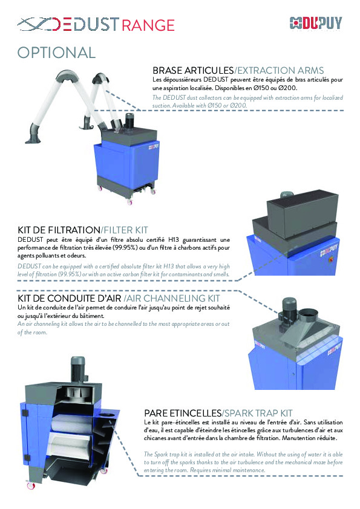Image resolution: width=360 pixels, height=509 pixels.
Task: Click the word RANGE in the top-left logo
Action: [x=148, y=24]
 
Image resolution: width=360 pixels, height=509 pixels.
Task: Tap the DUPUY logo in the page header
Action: [x=315, y=24]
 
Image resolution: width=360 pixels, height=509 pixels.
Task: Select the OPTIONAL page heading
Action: [x=56, y=53]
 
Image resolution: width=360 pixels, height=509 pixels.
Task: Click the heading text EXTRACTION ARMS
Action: [x=280, y=71]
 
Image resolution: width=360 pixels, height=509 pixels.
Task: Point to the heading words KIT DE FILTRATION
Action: [x=58, y=230]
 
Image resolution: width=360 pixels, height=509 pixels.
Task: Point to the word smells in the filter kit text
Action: [x=220, y=273]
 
